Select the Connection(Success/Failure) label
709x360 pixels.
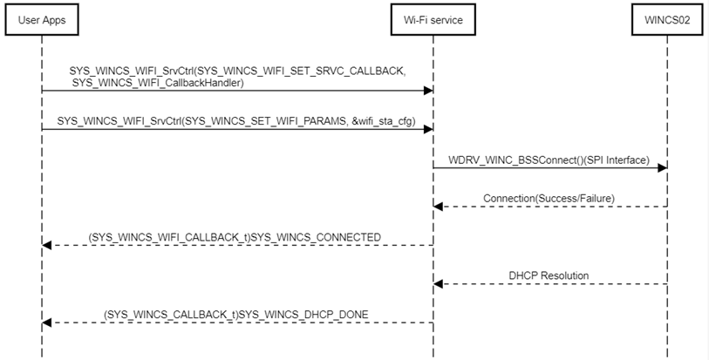549,198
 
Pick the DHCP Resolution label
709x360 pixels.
549,275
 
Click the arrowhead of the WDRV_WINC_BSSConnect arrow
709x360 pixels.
662,168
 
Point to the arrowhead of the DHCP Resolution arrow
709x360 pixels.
440,284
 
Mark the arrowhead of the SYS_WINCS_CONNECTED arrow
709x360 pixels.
47,245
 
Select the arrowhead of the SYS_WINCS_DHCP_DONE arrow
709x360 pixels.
47,323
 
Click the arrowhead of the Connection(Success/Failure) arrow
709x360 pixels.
440,207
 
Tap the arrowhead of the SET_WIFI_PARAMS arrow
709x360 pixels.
428,129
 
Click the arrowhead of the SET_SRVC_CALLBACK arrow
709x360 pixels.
428,90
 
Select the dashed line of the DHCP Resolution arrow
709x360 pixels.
558,284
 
